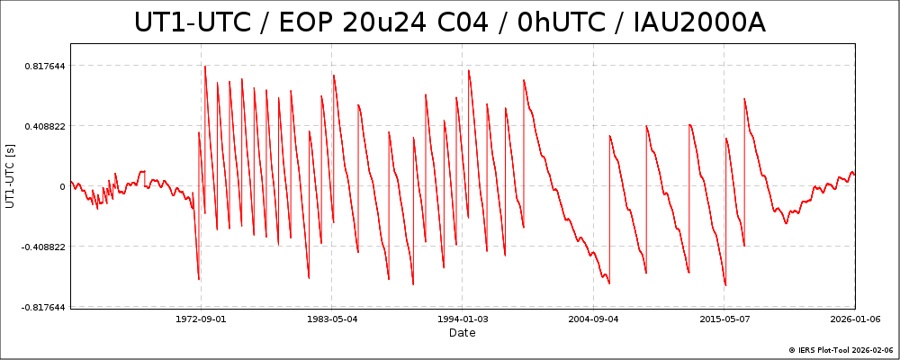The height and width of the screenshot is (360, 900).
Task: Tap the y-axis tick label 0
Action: [62, 187]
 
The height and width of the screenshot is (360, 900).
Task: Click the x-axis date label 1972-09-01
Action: [201, 319]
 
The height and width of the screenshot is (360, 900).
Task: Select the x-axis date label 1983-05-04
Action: [332, 319]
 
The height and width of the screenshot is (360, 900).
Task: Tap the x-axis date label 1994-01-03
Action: [463, 319]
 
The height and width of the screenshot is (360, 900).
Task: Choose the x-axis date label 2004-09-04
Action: [593, 319]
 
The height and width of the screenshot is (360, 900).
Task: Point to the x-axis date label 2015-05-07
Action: [724, 319]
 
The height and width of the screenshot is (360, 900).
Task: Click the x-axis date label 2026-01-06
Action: [855, 319]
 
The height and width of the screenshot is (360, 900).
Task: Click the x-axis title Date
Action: [463, 333]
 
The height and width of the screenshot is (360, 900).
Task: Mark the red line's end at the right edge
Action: [854, 173]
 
